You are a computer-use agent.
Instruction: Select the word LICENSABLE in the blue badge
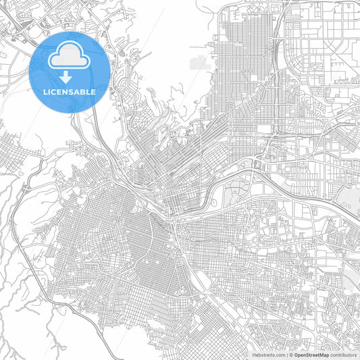[x=70, y=91]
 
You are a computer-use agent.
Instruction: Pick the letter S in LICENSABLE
[x=72, y=91]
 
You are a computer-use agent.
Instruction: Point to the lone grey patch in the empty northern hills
[x=199, y=62]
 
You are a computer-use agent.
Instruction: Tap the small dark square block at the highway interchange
[x=257, y=164]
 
